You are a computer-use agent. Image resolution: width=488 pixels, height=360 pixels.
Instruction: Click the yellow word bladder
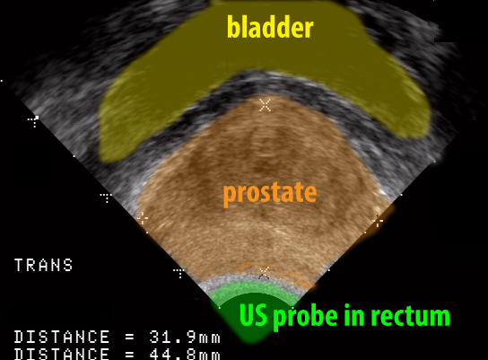[270, 27]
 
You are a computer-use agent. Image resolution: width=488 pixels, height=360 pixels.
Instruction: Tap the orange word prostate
[270, 193]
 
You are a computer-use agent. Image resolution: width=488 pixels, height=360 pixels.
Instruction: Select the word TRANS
[44, 265]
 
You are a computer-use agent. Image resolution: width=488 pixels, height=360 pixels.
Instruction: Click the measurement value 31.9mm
[185, 337]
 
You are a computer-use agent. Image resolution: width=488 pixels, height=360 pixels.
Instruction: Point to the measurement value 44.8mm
[185, 355]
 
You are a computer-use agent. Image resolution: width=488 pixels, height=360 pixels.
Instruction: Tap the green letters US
[253, 315]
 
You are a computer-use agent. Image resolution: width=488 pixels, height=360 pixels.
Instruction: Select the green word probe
[305, 317]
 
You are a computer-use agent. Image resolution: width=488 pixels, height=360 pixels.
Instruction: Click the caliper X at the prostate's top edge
[265, 105]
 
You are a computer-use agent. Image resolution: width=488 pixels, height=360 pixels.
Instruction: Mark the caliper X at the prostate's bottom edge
[264, 273]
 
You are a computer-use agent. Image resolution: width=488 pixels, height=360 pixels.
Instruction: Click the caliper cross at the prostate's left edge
[143, 218]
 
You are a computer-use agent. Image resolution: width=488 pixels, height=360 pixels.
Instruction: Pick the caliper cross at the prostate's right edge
[378, 221]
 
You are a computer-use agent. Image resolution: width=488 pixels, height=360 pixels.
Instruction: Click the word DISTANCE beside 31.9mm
[62, 337]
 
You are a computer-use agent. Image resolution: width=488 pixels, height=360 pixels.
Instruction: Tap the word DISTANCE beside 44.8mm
[62, 355]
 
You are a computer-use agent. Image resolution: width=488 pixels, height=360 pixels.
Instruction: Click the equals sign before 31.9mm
[130, 337]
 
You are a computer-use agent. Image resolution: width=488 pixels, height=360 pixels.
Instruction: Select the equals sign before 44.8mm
[130, 355]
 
